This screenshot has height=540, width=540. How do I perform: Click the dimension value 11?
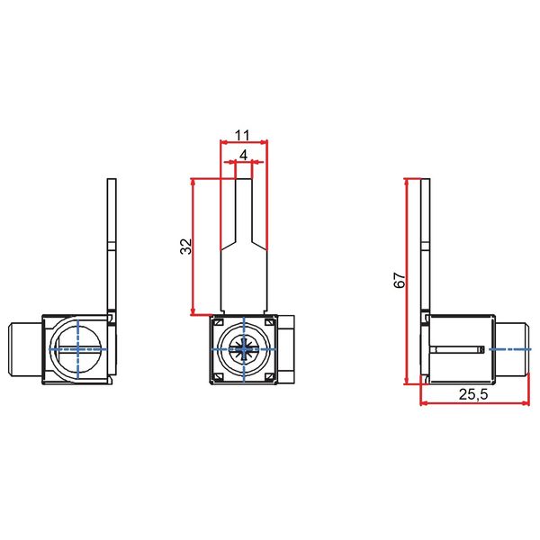coord(242,135)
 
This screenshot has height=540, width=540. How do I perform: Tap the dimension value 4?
coord(243,155)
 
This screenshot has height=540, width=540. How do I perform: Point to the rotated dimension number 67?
coord(400,280)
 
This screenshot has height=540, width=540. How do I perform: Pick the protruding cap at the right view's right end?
coord(510,347)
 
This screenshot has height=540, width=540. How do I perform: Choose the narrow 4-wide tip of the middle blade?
coord(244,207)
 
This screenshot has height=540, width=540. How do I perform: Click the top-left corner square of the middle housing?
coord(217,321)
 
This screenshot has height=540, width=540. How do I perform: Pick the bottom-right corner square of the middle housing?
coord(270,373)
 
